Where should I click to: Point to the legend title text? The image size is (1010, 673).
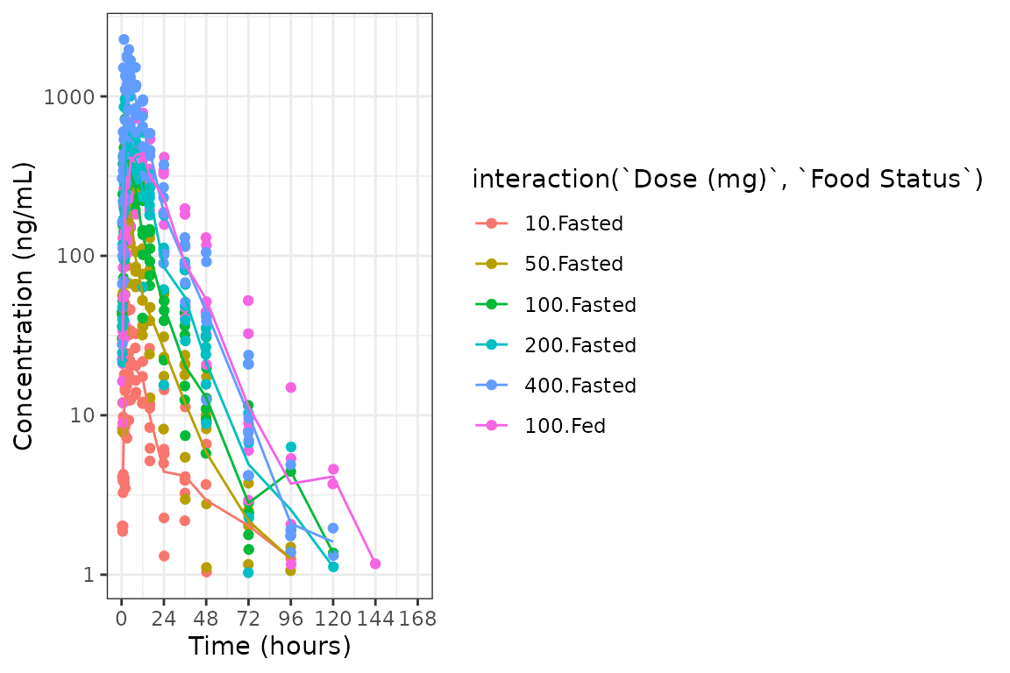pyautogui.click(x=727, y=180)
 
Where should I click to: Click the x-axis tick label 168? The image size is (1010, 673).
pyautogui.click(x=417, y=618)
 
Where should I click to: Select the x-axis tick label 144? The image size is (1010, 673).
pyautogui.click(x=375, y=618)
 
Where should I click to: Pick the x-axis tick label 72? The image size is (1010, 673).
pyautogui.click(x=248, y=618)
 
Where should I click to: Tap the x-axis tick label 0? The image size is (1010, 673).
pyautogui.click(x=122, y=618)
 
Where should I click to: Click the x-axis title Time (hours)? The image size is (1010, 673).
pyautogui.click(x=269, y=647)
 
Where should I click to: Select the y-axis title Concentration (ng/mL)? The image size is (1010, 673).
pyautogui.click(x=24, y=306)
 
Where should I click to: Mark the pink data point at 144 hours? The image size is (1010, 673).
pyautogui.click(x=375, y=563)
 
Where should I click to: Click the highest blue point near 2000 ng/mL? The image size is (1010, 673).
pyautogui.click(x=124, y=39)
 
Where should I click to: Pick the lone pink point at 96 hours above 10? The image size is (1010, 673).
pyautogui.click(x=290, y=387)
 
